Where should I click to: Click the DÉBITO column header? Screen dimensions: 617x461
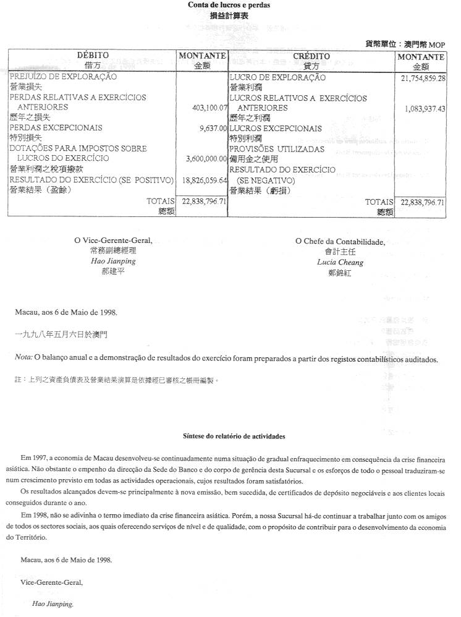pos(92,56)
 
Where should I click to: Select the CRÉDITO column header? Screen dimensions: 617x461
pos(311,56)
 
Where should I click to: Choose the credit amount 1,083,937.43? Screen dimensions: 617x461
pos(426,108)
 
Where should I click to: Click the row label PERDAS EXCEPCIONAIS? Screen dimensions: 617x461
pos(56,128)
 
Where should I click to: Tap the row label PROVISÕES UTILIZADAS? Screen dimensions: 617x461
pos(276,149)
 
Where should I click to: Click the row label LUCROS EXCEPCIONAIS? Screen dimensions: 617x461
pos(275,129)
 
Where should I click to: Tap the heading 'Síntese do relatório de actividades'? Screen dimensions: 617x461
pos(234,436)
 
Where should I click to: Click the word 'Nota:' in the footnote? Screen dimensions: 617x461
pos(23,358)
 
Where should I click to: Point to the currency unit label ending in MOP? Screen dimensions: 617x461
pos(405,45)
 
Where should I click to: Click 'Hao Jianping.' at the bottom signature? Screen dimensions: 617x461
pos(52,604)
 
